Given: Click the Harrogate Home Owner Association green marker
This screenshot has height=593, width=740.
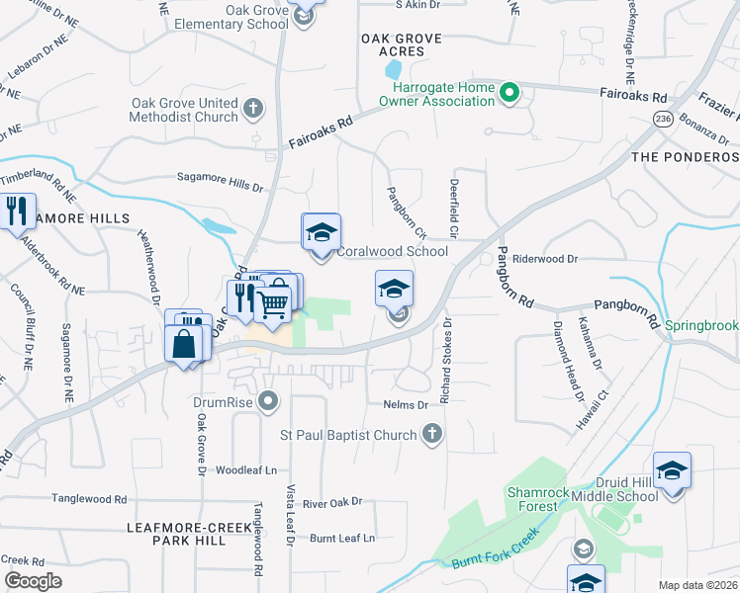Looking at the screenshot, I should (x=509, y=95).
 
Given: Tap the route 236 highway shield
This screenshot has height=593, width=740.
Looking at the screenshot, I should (x=662, y=119).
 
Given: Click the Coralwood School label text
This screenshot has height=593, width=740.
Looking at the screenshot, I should (x=393, y=251).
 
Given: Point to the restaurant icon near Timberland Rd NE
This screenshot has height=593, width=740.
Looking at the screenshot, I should (x=17, y=212).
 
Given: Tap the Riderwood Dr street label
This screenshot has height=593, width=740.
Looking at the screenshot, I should (x=544, y=258).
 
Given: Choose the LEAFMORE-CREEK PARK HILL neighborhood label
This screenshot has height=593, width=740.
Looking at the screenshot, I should (x=189, y=535).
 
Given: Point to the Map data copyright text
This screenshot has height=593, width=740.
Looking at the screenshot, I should (x=696, y=585).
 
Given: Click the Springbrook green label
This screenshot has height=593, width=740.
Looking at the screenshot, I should (x=701, y=324).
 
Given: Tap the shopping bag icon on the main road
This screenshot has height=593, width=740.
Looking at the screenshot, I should (x=184, y=344).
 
